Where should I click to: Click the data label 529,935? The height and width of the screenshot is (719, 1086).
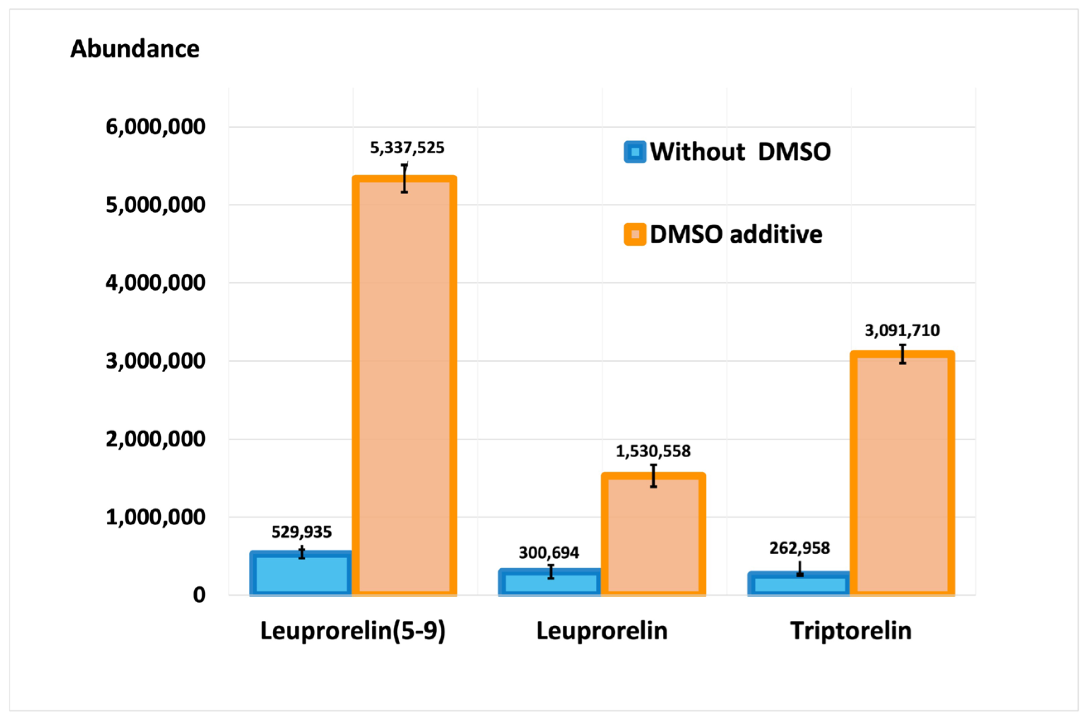[x=301, y=532]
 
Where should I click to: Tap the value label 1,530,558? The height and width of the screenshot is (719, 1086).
[x=653, y=451]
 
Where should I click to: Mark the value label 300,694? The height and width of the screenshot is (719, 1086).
[x=549, y=553]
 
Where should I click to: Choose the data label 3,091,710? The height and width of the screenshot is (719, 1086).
[x=902, y=331]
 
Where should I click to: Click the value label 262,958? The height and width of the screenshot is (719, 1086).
[x=799, y=548]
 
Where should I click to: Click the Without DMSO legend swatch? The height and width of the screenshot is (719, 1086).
[x=634, y=152]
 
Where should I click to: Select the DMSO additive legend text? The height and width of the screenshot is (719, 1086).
[x=736, y=234]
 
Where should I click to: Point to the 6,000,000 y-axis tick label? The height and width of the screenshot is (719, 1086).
[x=155, y=127]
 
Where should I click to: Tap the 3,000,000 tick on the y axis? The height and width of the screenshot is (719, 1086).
[x=155, y=361]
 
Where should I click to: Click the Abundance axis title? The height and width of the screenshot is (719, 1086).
[x=135, y=48]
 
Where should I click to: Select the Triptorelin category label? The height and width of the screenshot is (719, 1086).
[x=850, y=630]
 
